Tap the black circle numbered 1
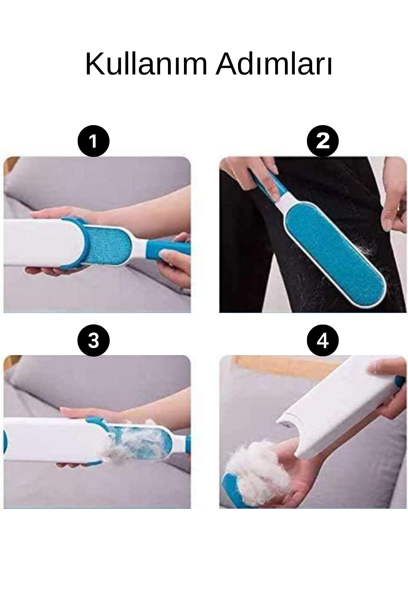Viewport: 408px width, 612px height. (93, 141)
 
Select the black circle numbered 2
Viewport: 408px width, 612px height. (323, 141)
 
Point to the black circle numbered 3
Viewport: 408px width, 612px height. (93, 340)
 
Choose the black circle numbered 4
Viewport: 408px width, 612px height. (323, 340)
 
